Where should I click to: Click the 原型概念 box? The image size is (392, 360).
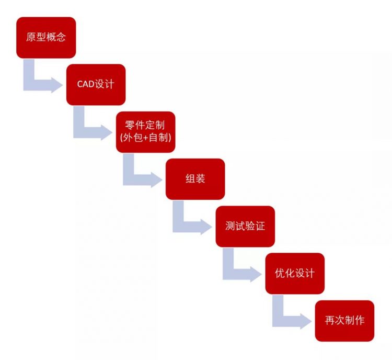[46, 38]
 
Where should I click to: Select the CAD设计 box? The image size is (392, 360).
[96, 85]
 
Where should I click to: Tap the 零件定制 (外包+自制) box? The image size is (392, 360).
[145, 132]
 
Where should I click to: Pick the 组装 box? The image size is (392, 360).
[195, 179]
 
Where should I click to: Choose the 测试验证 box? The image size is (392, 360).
[245, 227]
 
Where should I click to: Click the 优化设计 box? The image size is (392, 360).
[295, 273]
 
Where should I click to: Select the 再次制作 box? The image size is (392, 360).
[344, 321]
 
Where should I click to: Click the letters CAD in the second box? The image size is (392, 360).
[86, 84]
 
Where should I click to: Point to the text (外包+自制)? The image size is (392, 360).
[145, 138]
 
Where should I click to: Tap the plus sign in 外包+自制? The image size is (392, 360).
[146, 138]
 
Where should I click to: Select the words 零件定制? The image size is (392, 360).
[145, 125]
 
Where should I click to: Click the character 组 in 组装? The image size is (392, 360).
[190, 179]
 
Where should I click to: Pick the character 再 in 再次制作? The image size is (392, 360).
[330, 320]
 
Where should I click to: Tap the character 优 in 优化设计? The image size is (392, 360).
[280, 273]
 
